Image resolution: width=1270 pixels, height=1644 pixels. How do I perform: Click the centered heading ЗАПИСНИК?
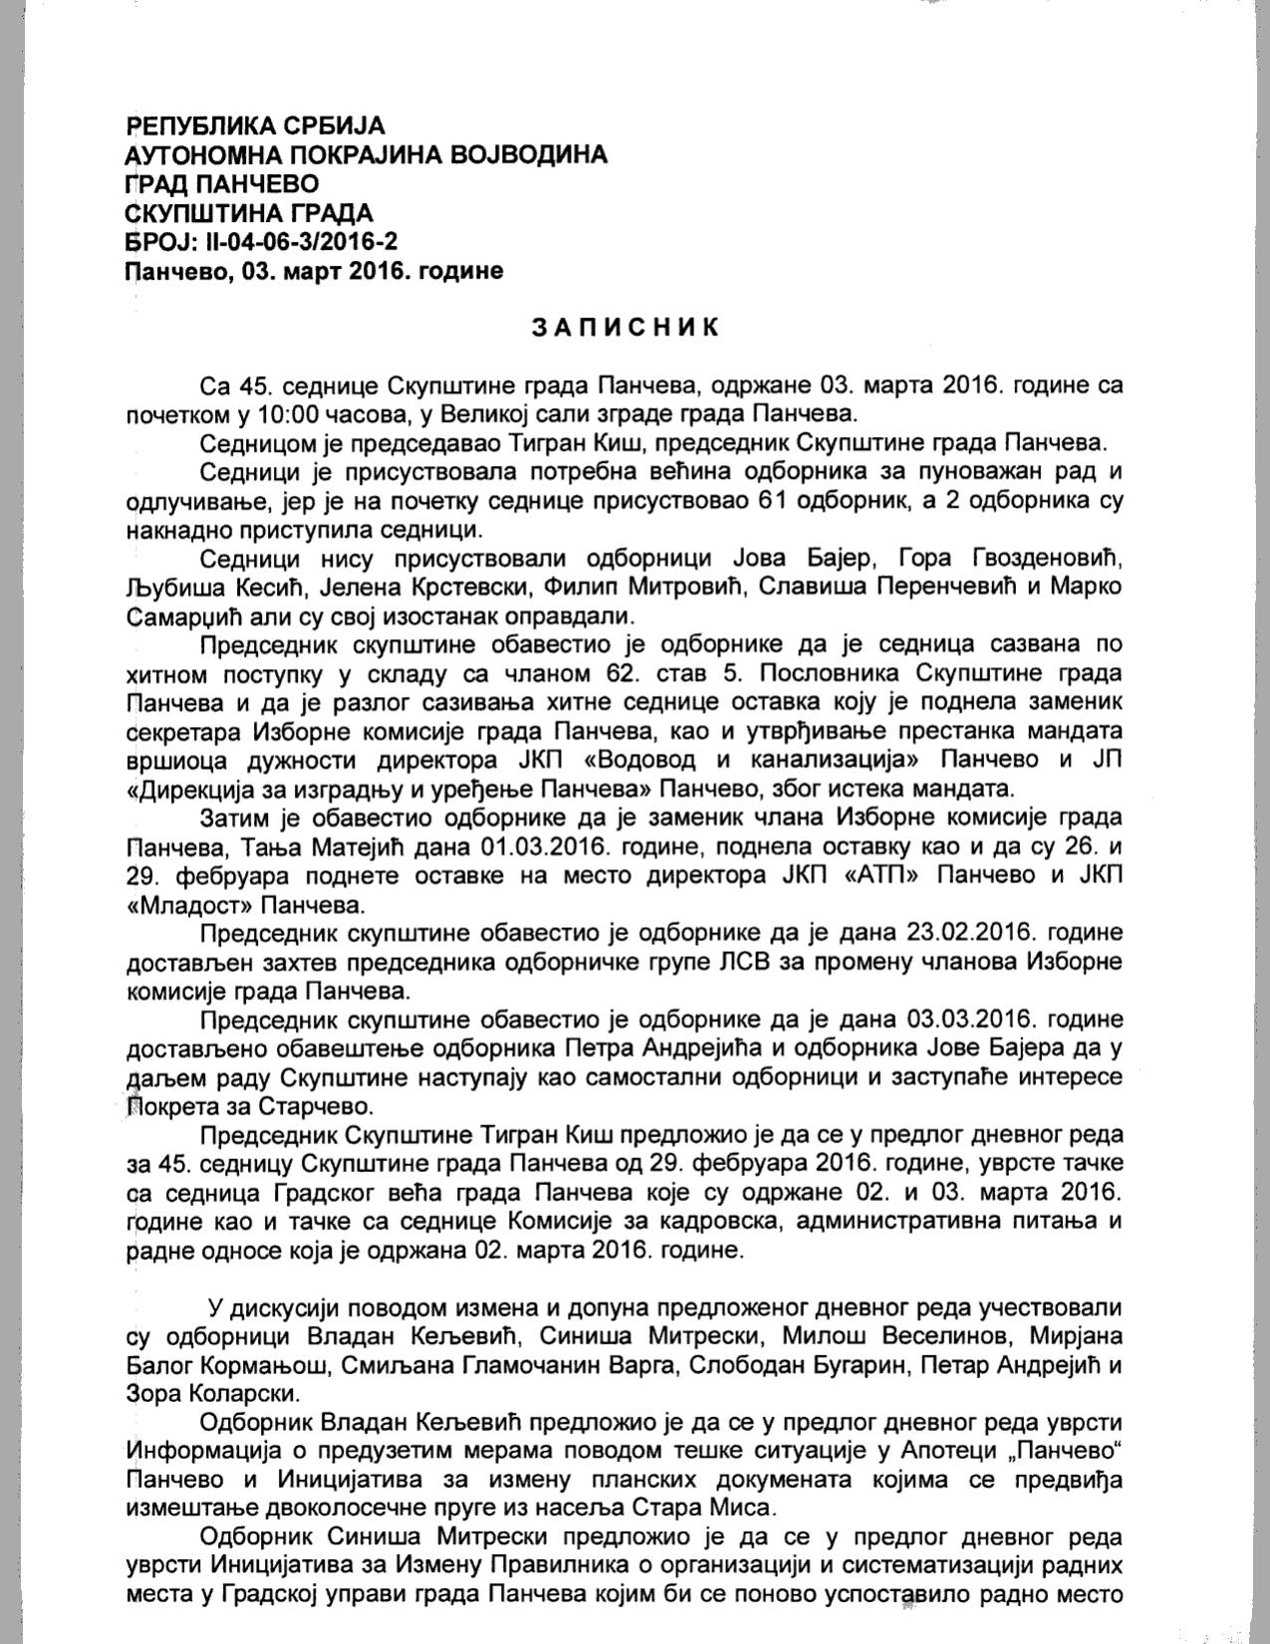click(625, 328)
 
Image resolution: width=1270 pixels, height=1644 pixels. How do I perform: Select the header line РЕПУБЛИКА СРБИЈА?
click(256, 126)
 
